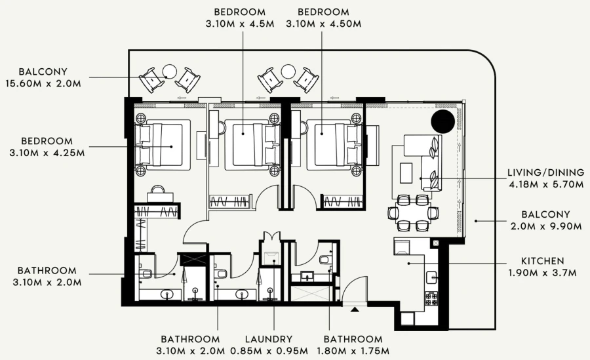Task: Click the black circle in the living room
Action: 442,121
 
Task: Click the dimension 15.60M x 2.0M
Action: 43,83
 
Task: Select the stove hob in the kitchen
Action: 432,298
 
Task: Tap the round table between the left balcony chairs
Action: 170,71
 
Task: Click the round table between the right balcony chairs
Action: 288,71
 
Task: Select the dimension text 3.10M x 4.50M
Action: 323,24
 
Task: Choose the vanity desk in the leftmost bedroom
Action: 159,195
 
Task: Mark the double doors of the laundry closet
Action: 270,237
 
